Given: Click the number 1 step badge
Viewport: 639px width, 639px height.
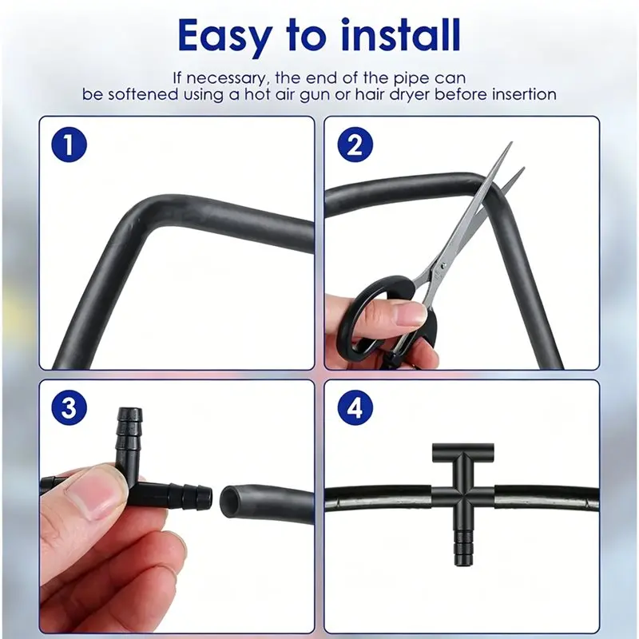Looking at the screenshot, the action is pos(69,145).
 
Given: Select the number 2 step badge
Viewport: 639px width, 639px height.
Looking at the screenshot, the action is pos(355,145).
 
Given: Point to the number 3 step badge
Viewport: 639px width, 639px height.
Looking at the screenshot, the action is pos(69,407).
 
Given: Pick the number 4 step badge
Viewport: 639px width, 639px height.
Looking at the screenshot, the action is pos(355,407).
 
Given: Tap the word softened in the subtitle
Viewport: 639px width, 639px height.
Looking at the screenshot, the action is pos(141,94).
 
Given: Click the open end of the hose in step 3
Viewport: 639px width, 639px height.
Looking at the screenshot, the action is pos(229,499).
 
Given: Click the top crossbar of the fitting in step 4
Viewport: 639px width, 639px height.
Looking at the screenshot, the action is pos(463,450).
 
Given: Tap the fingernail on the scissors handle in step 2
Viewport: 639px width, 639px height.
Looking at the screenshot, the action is pos(411,314).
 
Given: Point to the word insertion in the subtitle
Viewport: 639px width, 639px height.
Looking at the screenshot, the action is pos(524,94).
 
